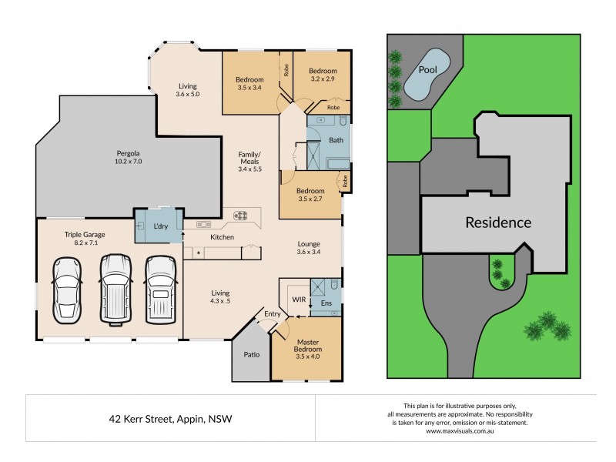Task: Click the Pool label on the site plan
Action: point(427,70)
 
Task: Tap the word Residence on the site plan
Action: point(497,223)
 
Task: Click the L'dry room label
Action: point(161,226)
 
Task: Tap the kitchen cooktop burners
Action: point(240,216)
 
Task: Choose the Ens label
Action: point(326,304)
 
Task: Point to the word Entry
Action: point(273,313)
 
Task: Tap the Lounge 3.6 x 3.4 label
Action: point(310,247)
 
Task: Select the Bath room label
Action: point(336,140)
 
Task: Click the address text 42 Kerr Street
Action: point(170,419)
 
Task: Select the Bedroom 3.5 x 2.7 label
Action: point(310,194)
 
